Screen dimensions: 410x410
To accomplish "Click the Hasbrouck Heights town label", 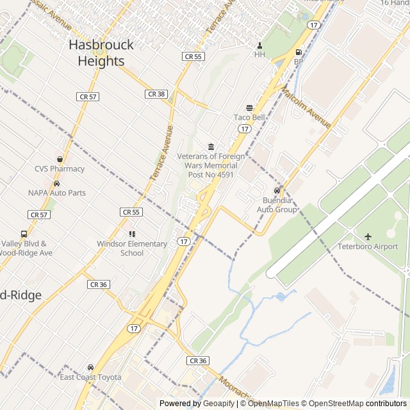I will (x=101, y=53).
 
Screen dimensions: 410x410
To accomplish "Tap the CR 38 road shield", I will (x=156, y=94).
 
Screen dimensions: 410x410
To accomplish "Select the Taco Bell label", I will (x=249, y=117).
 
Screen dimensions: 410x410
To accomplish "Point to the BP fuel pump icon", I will (x=298, y=53).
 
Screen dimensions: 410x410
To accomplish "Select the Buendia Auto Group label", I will (x=277, y=204).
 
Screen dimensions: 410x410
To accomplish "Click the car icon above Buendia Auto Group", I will (x=277, y=191).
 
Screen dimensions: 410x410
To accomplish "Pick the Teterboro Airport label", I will (x=368, y=247).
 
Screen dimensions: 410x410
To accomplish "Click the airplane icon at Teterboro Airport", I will (x=368, y=237).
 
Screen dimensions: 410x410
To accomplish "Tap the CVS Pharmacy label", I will (x=60, y=169).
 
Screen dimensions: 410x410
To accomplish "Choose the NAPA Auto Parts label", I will (x=57, y=192).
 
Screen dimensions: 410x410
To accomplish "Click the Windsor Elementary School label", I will (x=132, y=248).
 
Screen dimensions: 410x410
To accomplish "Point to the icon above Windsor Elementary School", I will (x=132, y=234).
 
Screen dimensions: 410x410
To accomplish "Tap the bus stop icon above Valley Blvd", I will (x=24, y=234).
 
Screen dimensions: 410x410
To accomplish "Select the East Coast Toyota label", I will (x=90, y=377).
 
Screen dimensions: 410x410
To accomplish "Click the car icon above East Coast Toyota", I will (x=90, y=368).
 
